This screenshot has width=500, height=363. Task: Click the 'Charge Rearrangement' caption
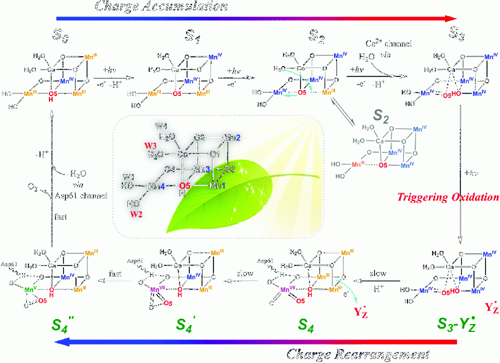(x=358, y=354)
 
